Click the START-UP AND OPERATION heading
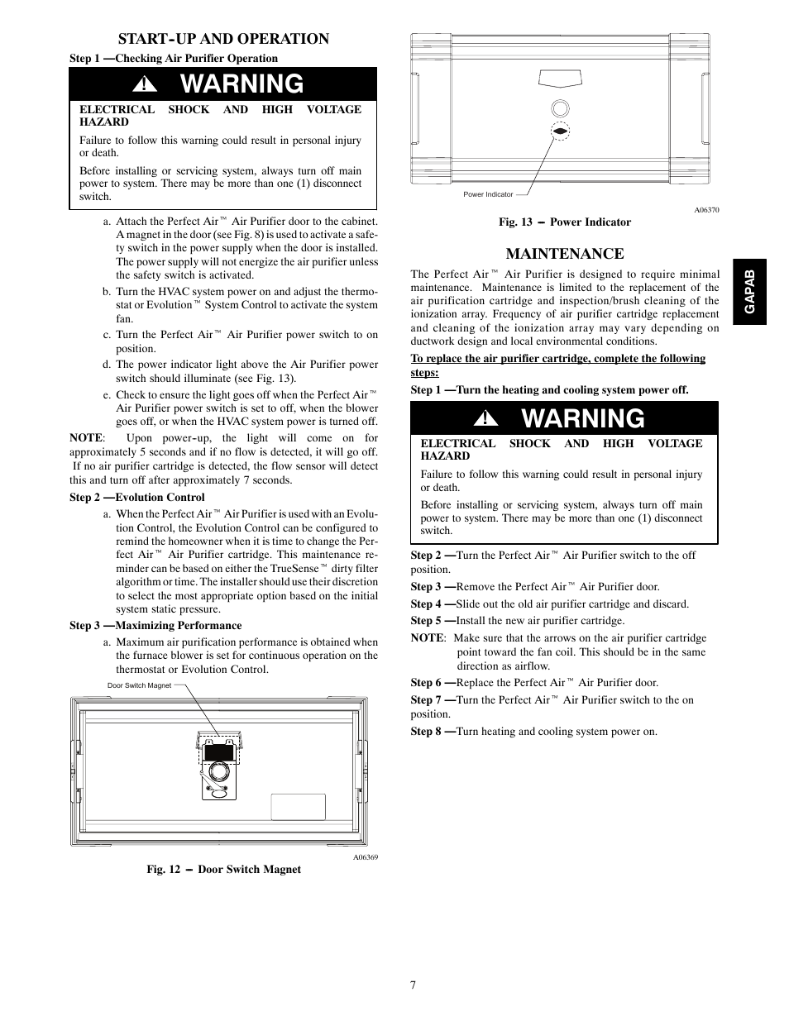(x=222, y=39)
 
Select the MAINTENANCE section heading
(x=564, y=254)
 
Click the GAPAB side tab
(x=750, y=291)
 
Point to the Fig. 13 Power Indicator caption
(x=564, y=222)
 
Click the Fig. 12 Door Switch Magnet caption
(x=223, y=870)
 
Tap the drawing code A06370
(x=706, y=210)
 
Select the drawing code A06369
(x=366, y=857)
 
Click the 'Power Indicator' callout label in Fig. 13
(x=488, y=195)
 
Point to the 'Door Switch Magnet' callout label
(x=139, y=685)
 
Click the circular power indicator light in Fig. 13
(x=559, y=108)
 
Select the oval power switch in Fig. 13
(x=559, y=131)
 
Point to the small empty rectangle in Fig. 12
(x=298, y=807)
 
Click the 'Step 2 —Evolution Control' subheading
(x=137, y=498)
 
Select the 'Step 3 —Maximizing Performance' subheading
(x=155, y=626)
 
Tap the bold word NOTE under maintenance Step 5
(x=427, y=638)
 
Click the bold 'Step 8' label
(x=427, y=732)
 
